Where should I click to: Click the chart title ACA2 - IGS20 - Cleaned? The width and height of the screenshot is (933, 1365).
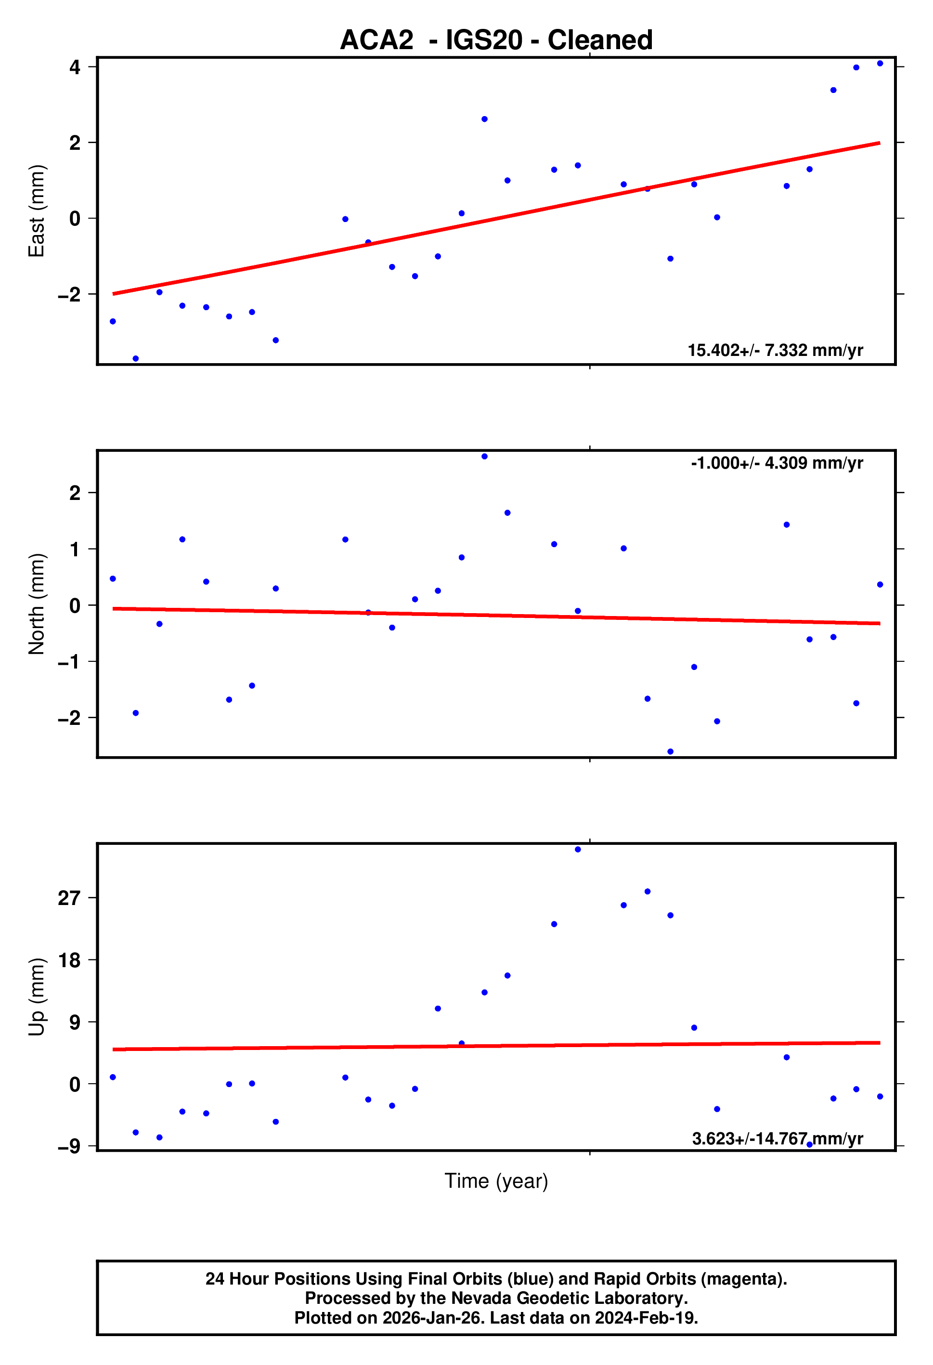(496, 40)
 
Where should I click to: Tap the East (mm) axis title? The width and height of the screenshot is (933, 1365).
(37, 211)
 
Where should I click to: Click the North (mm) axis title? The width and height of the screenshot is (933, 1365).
(37, 604)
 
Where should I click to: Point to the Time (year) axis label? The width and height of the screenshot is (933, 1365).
(496, 1181)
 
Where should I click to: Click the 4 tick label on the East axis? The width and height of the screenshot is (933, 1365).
(75, 67)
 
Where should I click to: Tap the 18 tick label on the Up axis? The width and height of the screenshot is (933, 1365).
(69, 960)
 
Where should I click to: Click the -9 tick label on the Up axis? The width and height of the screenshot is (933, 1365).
(69, 1146)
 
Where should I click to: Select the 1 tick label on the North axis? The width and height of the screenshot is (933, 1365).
(75, 550)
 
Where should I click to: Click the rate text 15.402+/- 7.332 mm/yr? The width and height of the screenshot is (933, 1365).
(775, 351)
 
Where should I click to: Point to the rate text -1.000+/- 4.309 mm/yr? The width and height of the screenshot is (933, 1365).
(776, 463)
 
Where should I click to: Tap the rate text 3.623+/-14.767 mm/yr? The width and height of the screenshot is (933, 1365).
(777, 1139)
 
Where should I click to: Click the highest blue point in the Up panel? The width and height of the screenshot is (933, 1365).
(578, 849)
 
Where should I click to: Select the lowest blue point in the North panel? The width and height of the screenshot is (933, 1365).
(671, 752)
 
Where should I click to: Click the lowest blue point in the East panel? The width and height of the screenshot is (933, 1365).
(136, 358)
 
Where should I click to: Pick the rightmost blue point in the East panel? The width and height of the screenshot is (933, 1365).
(880, 64)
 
